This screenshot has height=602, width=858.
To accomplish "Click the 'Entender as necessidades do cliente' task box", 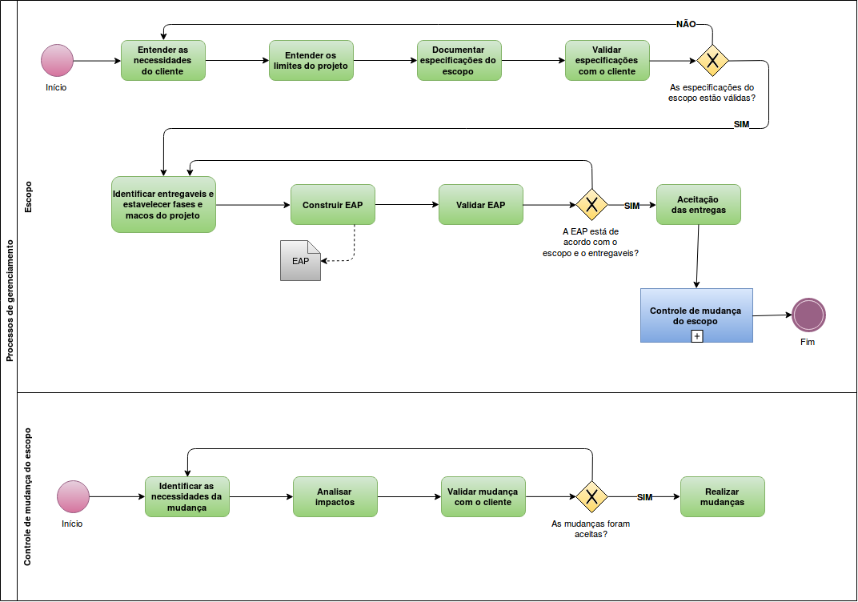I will [x=163, y=60].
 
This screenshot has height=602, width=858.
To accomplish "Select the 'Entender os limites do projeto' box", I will [x=311, y=60].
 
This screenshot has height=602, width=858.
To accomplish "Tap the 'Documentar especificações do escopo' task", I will [x=459, y=60].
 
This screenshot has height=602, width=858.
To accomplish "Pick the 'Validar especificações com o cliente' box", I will [x=607, y=60].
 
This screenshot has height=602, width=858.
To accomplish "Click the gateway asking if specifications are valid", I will [x=712, y=60].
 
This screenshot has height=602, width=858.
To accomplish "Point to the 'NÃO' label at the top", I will [x=686, y=24].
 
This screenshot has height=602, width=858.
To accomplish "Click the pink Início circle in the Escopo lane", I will [x=57, y=60].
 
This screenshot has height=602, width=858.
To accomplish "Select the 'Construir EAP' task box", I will [x=332, y=205].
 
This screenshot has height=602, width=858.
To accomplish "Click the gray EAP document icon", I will [x=300, y=260].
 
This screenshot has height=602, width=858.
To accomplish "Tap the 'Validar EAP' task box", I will [x=480, y=205].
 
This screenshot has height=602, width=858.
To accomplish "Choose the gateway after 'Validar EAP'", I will [x=591, y=205].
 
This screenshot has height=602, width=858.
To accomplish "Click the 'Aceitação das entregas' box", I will [x=698, y=205].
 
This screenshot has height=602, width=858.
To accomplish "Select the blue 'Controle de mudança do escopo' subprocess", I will [x=696, y=315].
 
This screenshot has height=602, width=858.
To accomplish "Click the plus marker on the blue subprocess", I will [x=696, y=336].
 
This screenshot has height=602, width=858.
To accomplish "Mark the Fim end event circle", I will [x=808, y=315].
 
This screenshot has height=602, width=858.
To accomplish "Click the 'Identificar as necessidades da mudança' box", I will [x=186, y=496].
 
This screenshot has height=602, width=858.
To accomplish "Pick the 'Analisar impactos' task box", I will [x=335, y=496].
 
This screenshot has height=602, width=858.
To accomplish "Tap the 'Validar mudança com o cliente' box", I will [x=482, y=496].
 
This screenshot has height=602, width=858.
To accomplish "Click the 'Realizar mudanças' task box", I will [x=722, y=496].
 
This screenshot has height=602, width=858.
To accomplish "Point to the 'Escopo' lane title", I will [x=28, y=197].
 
